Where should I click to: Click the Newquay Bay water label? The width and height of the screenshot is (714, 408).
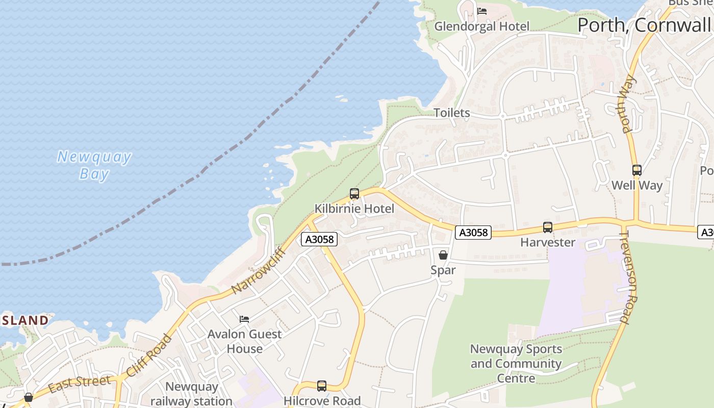tap(94, 165)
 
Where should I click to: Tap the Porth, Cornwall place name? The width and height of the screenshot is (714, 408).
tap(645, 25)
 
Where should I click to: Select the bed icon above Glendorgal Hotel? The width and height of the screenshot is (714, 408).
tap(482, 11)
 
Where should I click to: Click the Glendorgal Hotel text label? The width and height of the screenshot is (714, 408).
tap(481, 26)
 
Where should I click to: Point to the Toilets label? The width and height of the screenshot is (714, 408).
tap(451, 113)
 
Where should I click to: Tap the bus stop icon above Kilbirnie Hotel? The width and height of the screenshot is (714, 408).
tap(354, 194)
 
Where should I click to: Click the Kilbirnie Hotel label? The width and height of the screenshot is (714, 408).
tap(354, 209)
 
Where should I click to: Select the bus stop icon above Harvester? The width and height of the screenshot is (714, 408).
tap(548, 227)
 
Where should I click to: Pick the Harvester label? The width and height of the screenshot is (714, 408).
tap(548, 242)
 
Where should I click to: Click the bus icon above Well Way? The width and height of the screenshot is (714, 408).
tap(636, 170)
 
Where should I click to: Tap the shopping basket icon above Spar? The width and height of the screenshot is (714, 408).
tap(443, 254)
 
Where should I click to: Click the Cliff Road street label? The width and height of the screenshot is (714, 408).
tap(149, 355)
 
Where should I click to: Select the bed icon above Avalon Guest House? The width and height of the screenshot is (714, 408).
tap(244, 319)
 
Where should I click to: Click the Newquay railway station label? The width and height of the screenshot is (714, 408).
tap(191, 394)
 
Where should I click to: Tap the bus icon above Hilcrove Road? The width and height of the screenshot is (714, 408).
tap(322, 386)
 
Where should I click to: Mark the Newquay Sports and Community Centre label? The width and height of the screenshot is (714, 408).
tap(516, 364)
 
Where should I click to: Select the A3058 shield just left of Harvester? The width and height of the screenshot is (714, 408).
tap(473, 233)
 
